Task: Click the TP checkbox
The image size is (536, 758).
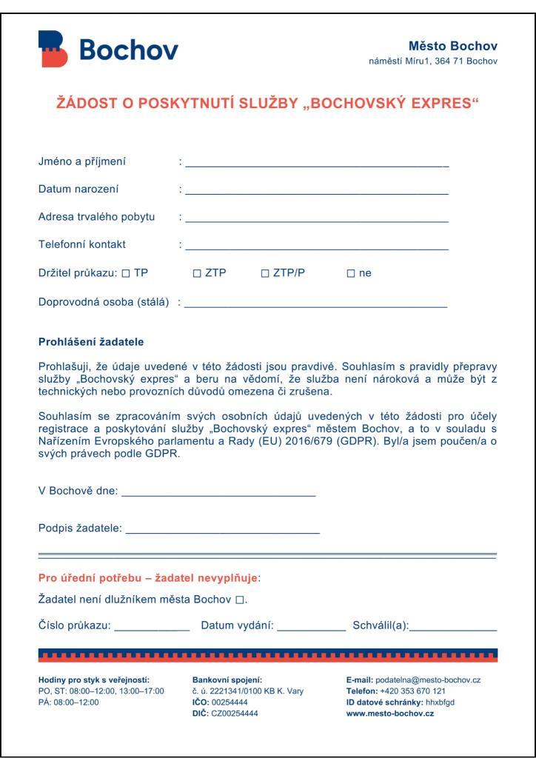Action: tap(125, 273)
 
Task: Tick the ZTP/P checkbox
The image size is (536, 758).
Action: tap(265, 273)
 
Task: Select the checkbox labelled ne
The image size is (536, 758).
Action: tap(351, 273)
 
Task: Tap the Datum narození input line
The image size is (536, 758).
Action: tap(317, 192)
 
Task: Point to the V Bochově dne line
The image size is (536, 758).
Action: tap(218, 493)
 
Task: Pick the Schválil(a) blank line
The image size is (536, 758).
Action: tap(453, 628)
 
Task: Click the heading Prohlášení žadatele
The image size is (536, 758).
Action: tap(91, 342)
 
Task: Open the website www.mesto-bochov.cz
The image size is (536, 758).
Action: tap(390, 714)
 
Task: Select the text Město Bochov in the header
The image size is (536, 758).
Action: tap(453, 47)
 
